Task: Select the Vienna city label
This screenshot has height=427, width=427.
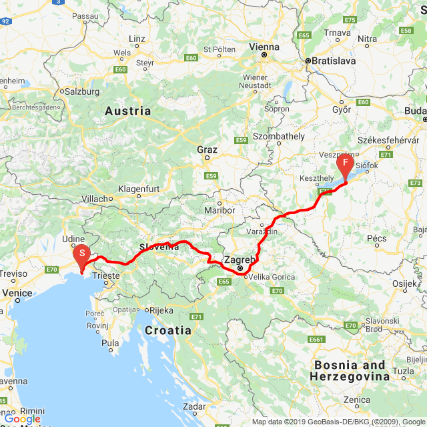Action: tap(264, 47)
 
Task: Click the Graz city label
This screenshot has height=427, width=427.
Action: tap(207, 149)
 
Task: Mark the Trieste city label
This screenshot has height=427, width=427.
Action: tap(107, 275)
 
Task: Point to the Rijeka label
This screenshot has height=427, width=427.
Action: tap(161, 310)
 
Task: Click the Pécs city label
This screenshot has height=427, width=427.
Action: tap(377, 238)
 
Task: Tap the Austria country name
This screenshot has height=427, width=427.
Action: tap(128, 111)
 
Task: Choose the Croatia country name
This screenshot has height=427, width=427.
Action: tap(168, 330)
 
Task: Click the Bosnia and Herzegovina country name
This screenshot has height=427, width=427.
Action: tap(350, 370)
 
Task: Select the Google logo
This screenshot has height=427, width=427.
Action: tap(22, 419)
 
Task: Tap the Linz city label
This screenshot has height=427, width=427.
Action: tap(137, 39)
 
